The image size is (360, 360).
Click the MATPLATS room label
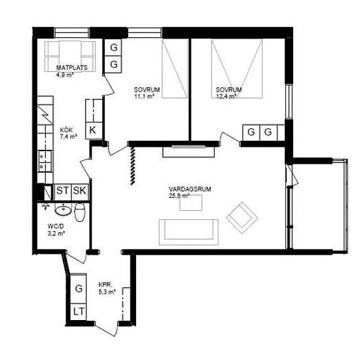point(72,67)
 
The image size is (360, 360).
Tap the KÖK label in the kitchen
point(66,130)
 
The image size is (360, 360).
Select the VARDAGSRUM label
point(190,189)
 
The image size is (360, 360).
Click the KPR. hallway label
point(105,285)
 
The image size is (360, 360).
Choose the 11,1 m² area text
point(144,97)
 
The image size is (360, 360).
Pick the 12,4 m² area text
point(226,96)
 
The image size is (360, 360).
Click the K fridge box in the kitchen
point(94,131)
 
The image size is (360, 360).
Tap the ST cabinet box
point(62,190)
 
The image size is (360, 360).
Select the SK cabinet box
point(80,190)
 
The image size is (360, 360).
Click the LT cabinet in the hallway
point(79,312)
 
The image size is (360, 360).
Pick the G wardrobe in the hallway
point(79,289)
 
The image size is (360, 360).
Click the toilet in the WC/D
point(80,212)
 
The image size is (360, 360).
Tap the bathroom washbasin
point(63,210)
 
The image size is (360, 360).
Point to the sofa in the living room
point(189,232)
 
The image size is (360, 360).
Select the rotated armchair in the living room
point(242,218)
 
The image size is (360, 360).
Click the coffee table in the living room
point(190,203)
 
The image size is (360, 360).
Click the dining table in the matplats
point(70,56)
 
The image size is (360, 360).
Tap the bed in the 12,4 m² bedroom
point(237,69)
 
